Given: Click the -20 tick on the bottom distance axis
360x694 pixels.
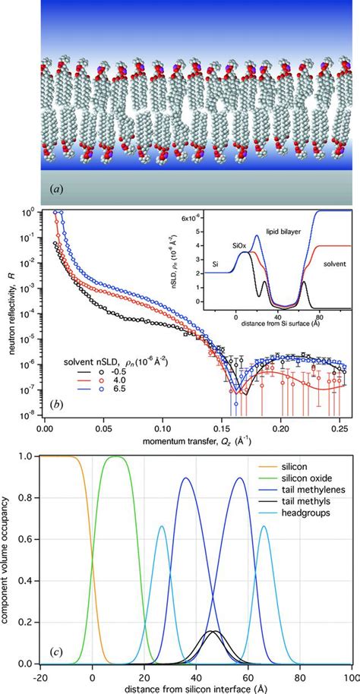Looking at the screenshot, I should [x=39, y=679].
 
